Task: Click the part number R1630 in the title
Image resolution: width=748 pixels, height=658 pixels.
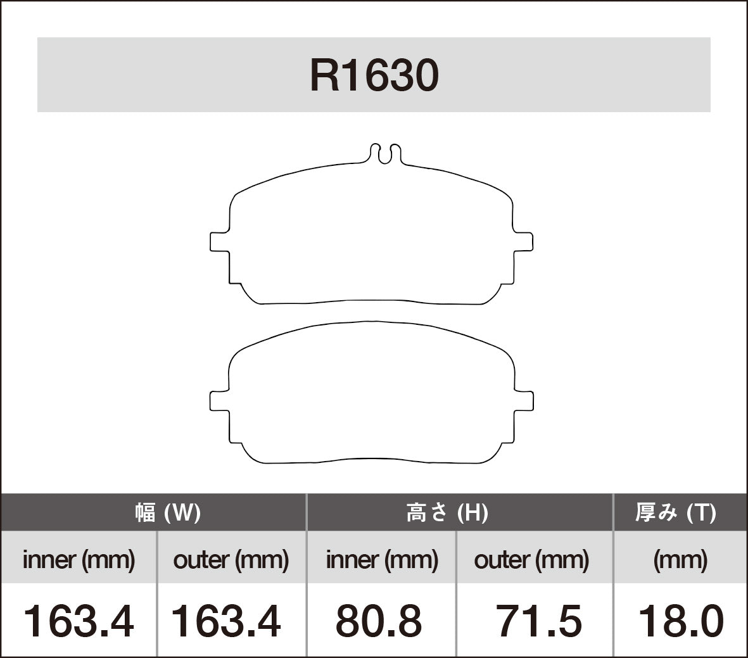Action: coord(374,76)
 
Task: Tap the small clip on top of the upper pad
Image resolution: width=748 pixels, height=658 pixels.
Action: coord(385,153)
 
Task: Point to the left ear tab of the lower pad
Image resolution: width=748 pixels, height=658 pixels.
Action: coord(219,401)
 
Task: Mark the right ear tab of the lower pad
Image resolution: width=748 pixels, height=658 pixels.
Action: coord(523,401)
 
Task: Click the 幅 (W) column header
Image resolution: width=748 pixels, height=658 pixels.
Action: coord(168,512)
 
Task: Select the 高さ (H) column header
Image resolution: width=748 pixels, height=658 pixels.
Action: coord(447,512)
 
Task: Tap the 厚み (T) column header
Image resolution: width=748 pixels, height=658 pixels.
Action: coord(675,512)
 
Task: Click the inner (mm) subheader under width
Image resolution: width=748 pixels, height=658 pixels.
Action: coord(79,560)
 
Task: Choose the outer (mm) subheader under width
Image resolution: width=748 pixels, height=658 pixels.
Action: coord(231,560)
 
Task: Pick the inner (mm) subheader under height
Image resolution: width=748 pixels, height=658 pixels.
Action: coord(381,560)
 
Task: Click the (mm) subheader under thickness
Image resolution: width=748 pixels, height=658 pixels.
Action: coord(680,560)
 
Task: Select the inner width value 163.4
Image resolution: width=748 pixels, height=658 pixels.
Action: coord(79,621)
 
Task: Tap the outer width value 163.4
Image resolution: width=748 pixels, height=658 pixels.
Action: coord(226,621)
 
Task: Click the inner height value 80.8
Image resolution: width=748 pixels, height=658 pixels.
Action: coord(378,621)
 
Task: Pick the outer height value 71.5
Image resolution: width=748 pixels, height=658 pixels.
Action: coord(538,621)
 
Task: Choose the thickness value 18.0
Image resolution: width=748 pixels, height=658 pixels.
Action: coord(680,621)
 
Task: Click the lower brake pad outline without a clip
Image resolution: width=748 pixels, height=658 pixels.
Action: coord(371,393)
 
